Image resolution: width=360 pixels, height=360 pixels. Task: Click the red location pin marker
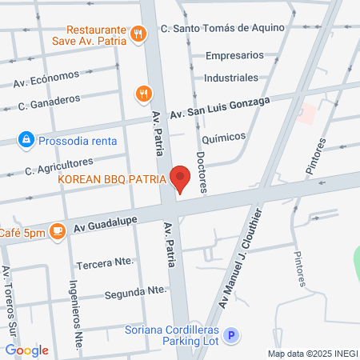181,179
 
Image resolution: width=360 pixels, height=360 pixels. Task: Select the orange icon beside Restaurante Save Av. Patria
139,33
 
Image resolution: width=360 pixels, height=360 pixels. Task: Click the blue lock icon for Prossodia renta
26,140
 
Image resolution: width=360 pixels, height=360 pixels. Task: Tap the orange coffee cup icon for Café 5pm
57,231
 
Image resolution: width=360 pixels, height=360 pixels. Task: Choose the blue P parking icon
231,337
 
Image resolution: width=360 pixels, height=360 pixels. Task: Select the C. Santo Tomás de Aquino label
222,28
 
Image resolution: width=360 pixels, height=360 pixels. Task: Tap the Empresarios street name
234,56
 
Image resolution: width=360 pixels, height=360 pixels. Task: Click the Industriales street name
231,78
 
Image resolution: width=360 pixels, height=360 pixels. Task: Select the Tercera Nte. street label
104,262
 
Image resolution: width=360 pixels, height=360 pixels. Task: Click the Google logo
26,350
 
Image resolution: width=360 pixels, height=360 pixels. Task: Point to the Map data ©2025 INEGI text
312,354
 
